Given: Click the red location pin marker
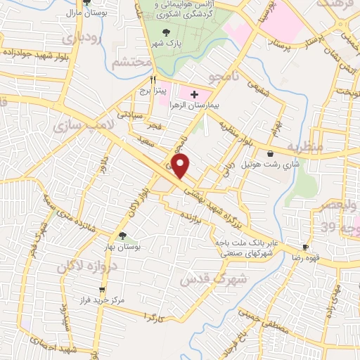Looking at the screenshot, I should [181, 166].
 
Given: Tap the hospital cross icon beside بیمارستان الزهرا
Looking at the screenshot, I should [194, 94].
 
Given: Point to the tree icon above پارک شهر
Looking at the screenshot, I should [166, 32].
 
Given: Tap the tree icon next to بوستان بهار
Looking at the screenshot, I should [123, 236].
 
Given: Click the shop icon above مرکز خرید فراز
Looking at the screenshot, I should [103, 288].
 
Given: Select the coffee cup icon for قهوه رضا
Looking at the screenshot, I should [306, 247].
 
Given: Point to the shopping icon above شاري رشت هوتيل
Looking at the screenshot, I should [271, 154].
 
